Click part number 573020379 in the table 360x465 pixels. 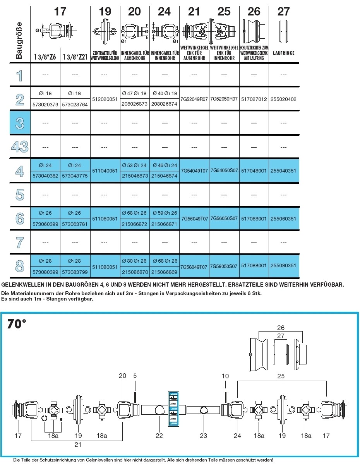[45, 104]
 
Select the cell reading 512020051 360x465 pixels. [105, 99]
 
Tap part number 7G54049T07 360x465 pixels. [194, 171]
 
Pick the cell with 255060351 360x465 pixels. [284, 219]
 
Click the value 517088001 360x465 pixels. [254, 266]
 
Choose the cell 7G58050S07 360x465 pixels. [224, 267]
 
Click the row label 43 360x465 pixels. [20, 147]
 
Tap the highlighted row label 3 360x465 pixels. [20, 123]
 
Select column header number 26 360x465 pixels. [254, 11]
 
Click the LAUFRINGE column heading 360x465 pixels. [284, 54]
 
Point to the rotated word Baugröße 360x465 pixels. [19, 41]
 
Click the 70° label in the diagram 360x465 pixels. [17, 324]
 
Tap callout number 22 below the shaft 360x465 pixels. [159, 436]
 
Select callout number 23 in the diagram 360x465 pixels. [204, 436]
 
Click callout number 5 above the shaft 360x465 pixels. [135, 376]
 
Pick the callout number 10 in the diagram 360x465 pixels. [225, 376]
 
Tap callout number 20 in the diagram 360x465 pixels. [123, 376]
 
